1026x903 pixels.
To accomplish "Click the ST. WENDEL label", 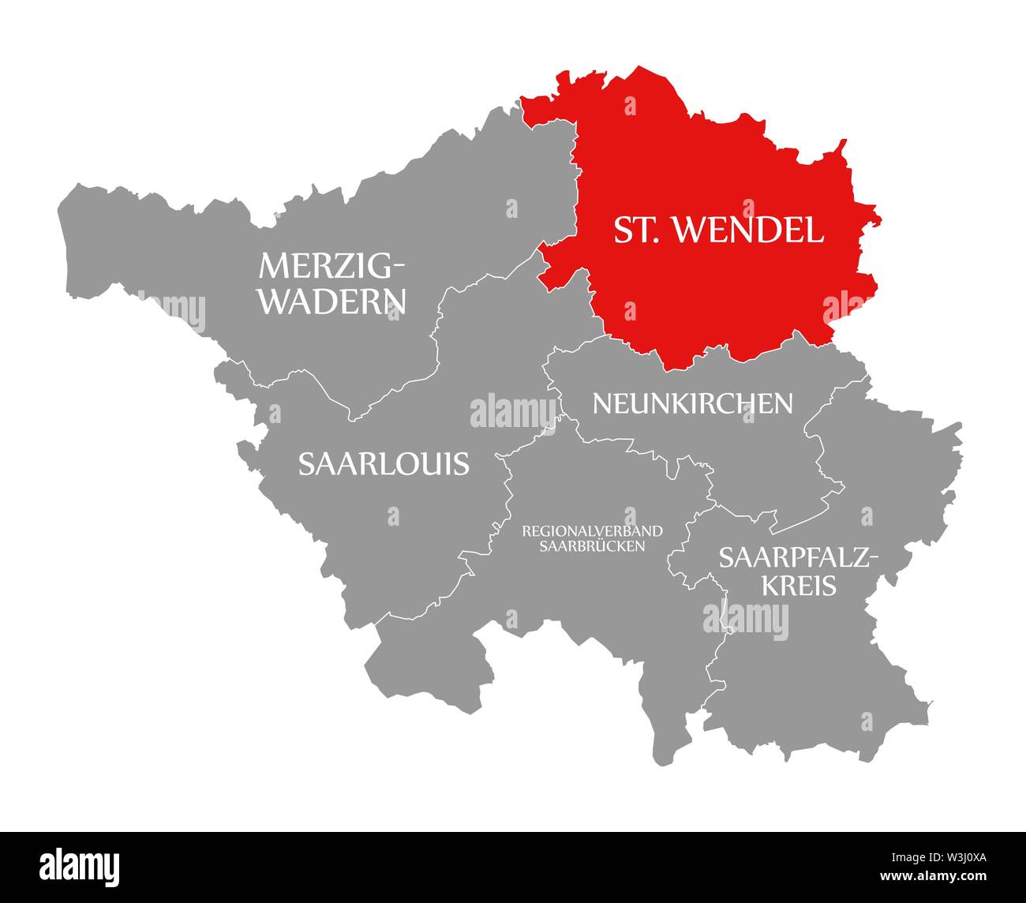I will point(719,230).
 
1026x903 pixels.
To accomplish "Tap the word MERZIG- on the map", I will point(331,267).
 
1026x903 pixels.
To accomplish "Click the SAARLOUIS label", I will point(384,464).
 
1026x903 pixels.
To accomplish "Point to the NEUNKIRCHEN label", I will point(692,403).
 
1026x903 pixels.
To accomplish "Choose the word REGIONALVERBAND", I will point(592,530).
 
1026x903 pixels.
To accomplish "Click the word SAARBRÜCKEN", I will point(592,545).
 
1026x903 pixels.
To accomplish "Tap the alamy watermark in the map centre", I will point(512,411).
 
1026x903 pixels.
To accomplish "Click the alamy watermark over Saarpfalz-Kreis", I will point(745,616).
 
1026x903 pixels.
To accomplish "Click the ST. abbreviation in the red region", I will point(636,230).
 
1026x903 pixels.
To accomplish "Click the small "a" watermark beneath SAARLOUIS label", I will point(393,515).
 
